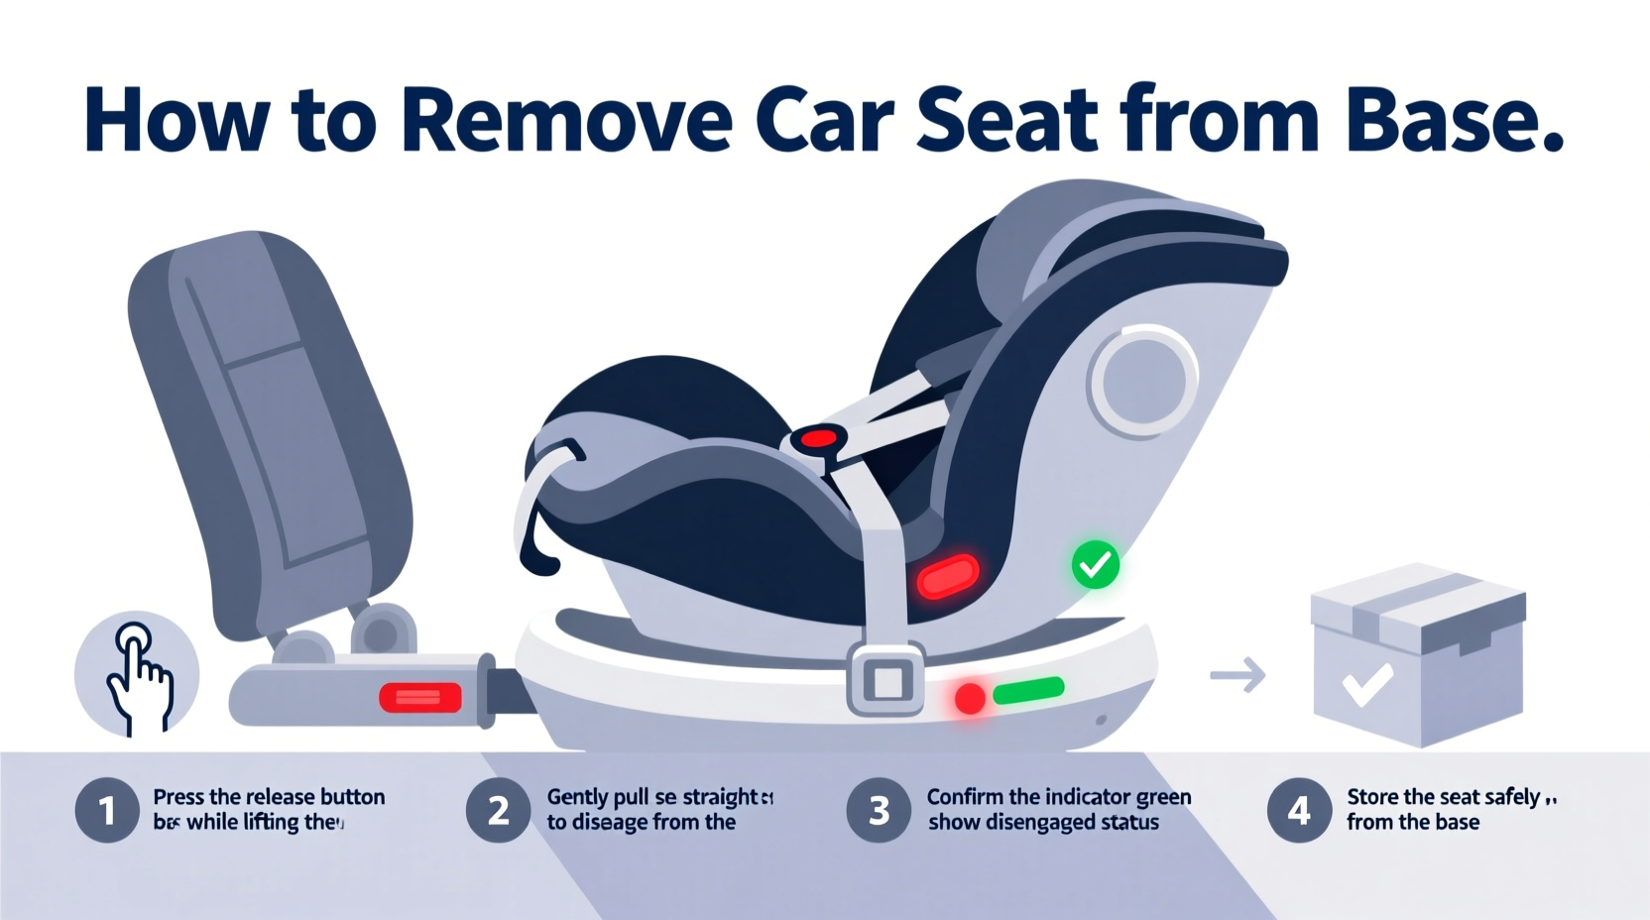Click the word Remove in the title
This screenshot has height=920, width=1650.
567,121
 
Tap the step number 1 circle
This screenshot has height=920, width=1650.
106,811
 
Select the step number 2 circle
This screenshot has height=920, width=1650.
498,811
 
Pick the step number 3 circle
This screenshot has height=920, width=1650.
879,811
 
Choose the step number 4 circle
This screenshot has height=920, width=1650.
1299,811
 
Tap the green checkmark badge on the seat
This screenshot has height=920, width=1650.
1096,565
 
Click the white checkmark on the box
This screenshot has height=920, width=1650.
1367,683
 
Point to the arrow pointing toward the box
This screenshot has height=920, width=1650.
1238,675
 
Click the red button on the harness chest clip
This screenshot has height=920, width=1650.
819,438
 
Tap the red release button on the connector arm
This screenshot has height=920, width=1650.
420,698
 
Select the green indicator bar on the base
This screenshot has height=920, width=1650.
1028,690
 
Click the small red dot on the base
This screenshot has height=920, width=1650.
970,699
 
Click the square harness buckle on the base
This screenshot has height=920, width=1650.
886,680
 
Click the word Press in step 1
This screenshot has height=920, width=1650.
178,797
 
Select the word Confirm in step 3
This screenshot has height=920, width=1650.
964,797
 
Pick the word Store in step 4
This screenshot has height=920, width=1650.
1372,797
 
